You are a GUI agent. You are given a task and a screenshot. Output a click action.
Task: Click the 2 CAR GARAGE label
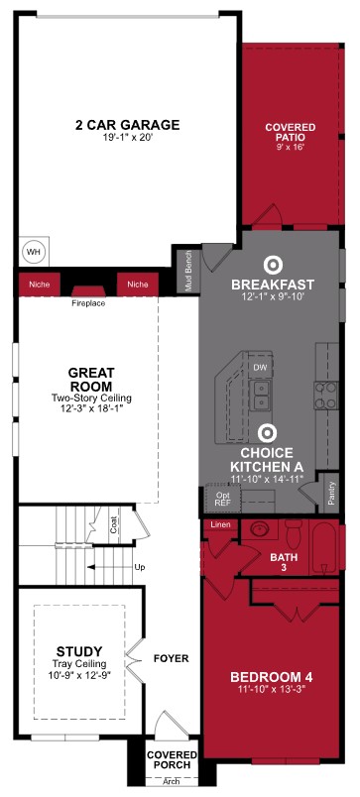tap(127, 125)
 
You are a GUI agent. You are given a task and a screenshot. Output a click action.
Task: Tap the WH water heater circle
tap(33, 252)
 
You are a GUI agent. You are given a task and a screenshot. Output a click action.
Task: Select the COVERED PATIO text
tap(291, 133)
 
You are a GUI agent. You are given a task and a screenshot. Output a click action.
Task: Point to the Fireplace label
tap(87, 302)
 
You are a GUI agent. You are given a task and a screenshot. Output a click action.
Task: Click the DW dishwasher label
tap(261, 368)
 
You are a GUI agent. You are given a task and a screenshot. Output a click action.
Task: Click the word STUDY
tap(72, 652)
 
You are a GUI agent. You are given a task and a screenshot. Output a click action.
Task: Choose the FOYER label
tap(171, 658)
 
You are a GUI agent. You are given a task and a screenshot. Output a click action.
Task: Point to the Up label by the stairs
tap(139, 567)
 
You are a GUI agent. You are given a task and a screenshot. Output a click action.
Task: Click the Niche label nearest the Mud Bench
tap(137, 284)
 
